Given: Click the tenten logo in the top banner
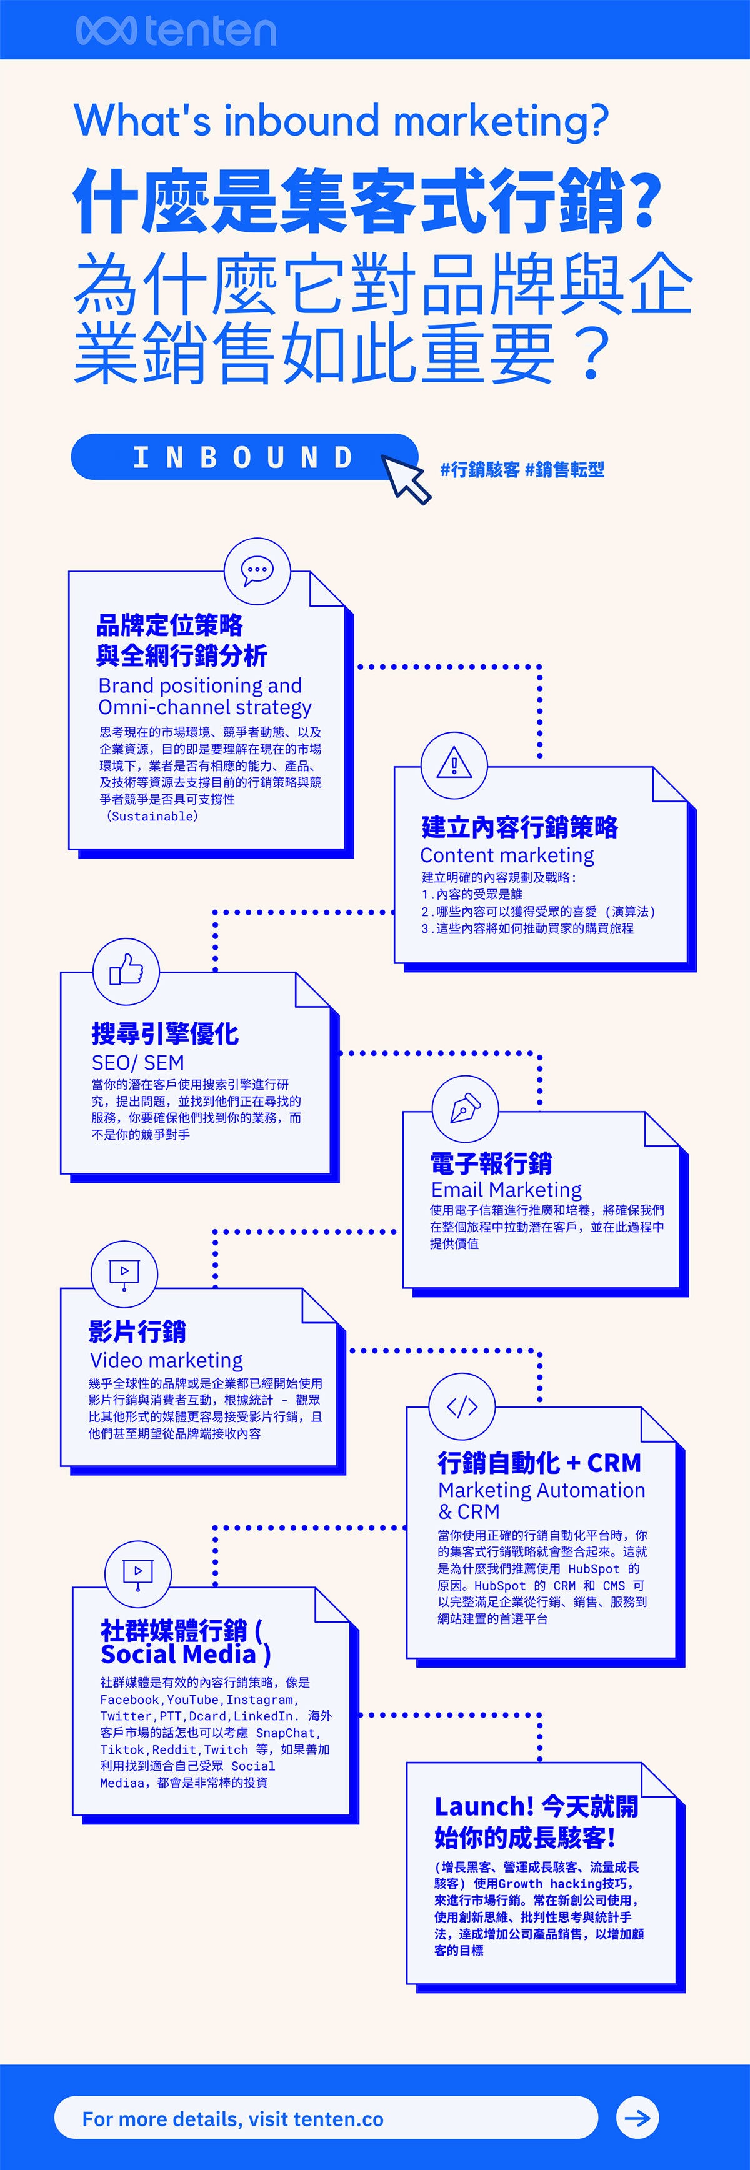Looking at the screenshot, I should [x=175, y=31].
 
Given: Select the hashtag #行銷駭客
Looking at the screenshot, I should [x=479, y=469].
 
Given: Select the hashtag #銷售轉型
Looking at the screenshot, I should [x=564, y=469].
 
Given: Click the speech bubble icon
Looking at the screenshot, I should [x=257, y=570].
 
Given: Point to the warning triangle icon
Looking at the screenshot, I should [x=453, y=765].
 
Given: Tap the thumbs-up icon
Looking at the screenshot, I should [x=126, y=970].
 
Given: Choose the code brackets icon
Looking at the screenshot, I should [x=462, y=1406].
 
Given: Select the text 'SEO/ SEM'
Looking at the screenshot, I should [x=137, y=1063].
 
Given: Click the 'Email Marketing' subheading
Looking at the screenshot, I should [x=506, y=1190].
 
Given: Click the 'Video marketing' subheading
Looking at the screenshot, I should [x=166, y=1360].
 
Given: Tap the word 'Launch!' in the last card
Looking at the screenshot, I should [x=484, y=1807].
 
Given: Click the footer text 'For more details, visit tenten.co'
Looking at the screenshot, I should [x=232, y=2119].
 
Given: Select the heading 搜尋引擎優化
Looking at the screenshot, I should [x=165, y=1033].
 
